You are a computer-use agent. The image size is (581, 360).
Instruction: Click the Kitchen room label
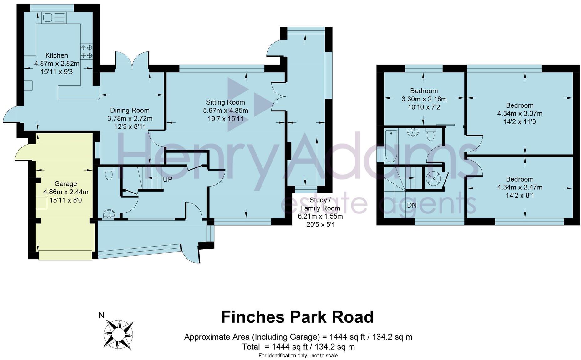point(56,55)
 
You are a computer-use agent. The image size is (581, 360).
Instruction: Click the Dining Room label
point(130,110)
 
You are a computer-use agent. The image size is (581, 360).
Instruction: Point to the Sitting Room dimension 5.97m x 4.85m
point(225,111)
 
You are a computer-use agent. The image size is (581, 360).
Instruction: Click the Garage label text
point(65,184)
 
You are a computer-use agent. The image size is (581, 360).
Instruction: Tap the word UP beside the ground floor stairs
point(167,180)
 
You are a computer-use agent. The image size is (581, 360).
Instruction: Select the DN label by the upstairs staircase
point(412,205)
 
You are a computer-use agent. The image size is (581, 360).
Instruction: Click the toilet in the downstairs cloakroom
point(109,174)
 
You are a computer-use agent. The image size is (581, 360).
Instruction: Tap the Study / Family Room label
point(320,204)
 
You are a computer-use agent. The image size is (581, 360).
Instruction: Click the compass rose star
point(119,334)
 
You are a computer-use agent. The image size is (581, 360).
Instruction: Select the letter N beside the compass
point(101,316)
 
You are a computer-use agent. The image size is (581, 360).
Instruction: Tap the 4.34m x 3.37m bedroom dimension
point(519,114)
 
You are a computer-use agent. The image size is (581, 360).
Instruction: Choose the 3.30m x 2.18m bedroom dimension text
point(424,99)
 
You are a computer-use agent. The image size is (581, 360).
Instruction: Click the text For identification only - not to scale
point(298,356)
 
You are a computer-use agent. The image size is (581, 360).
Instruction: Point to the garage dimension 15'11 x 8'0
point(65,200)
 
